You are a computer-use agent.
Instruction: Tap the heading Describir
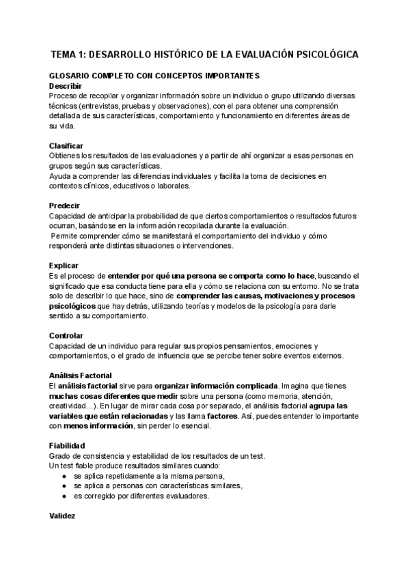(66, 86)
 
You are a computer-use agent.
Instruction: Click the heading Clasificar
(66, 146)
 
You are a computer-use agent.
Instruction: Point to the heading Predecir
(65, 206)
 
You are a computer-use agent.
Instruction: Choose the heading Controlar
(66, 335)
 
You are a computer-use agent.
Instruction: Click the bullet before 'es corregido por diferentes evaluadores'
(64, 496)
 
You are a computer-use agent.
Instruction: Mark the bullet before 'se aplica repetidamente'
(64, 475)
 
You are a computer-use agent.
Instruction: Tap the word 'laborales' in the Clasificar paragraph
(173, 186)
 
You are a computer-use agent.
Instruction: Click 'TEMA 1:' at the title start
(70, 54)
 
